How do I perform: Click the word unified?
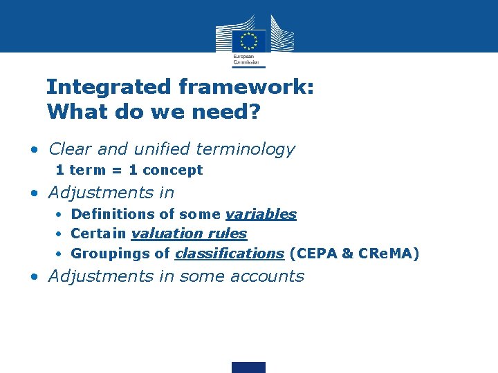pyautogui.click(x=160, y=149)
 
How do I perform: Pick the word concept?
pyautogui.click(x=172, y=171)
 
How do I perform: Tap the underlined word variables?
pyautogui.click(x=261, y=214)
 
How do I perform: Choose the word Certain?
pyautogui.click(x=98, y=234)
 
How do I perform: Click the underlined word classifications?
pyautogui.click(x=229, y=254)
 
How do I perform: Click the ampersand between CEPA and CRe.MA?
pyautogui.click(x=347, y=254)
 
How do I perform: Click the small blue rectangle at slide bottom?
pyautogui.click(x=249, y=367)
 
